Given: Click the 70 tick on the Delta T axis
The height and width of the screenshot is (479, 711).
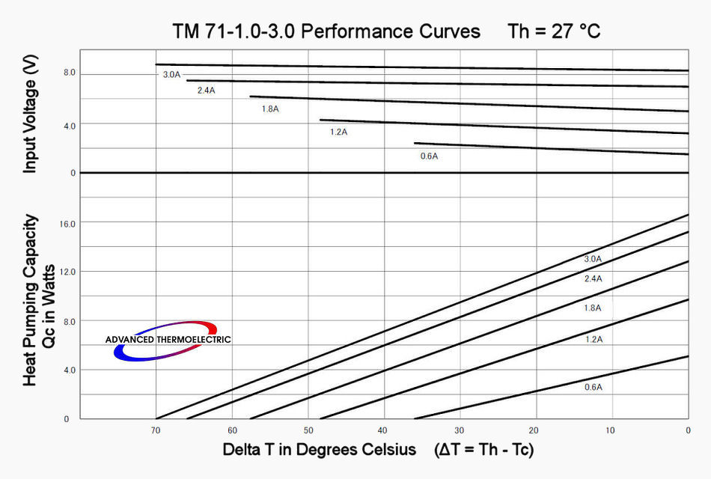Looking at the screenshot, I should coord(156,430).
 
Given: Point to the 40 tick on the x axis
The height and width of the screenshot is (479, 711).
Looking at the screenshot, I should coord(384,430).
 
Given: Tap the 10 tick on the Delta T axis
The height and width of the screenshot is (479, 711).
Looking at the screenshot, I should coord(611,430).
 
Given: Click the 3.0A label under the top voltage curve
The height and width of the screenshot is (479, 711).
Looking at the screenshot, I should coord(171,75).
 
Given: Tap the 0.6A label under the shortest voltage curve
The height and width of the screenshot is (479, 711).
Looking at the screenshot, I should coord(429,156).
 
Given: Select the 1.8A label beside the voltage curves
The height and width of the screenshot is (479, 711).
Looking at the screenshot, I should coord(269,109).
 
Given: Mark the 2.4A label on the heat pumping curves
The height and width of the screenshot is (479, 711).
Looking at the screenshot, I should coord(593,278).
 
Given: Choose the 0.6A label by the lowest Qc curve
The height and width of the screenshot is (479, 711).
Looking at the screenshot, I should coord(593,388).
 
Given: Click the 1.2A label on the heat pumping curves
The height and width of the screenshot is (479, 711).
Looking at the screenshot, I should coord(593,339).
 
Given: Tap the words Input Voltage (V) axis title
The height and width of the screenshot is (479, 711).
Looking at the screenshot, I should coord(29,115).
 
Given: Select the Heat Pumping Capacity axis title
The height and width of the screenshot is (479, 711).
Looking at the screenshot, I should coord(30,300).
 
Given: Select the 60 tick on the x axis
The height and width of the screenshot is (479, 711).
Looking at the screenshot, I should coord(232,430).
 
